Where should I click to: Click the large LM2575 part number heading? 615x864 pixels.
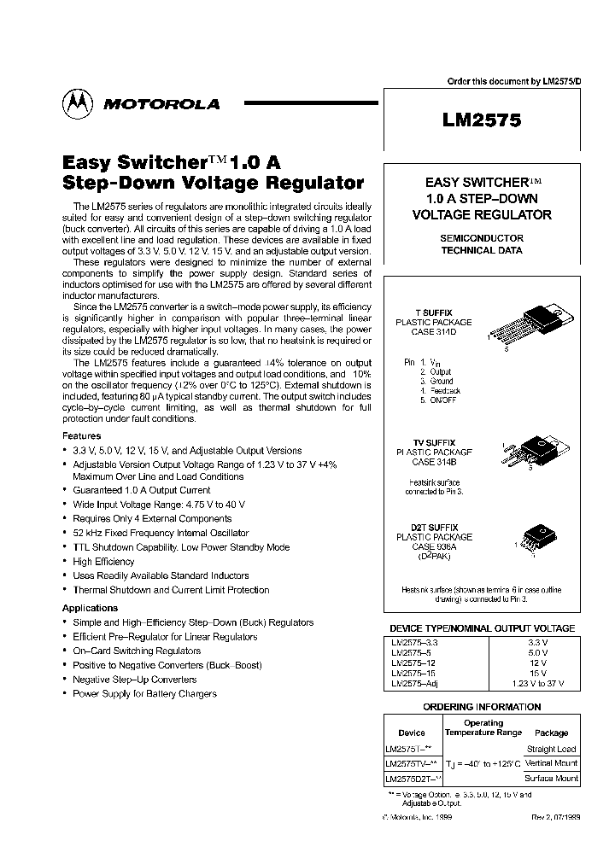point(482,121)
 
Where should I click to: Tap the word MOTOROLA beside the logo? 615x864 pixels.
point(161,104)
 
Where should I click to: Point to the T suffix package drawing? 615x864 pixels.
point(525,324)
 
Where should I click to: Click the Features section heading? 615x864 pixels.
point(82,436)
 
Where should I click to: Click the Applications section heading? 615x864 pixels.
point(91,608)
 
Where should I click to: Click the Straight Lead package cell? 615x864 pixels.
point(552,749)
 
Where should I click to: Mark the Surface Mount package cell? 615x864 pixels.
point(552,778)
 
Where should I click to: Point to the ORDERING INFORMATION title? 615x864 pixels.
point(482,707)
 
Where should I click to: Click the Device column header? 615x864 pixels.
point(412,733)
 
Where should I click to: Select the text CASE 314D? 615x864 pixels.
point(433,333)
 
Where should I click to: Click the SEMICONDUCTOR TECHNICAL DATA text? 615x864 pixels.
point(482,244)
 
